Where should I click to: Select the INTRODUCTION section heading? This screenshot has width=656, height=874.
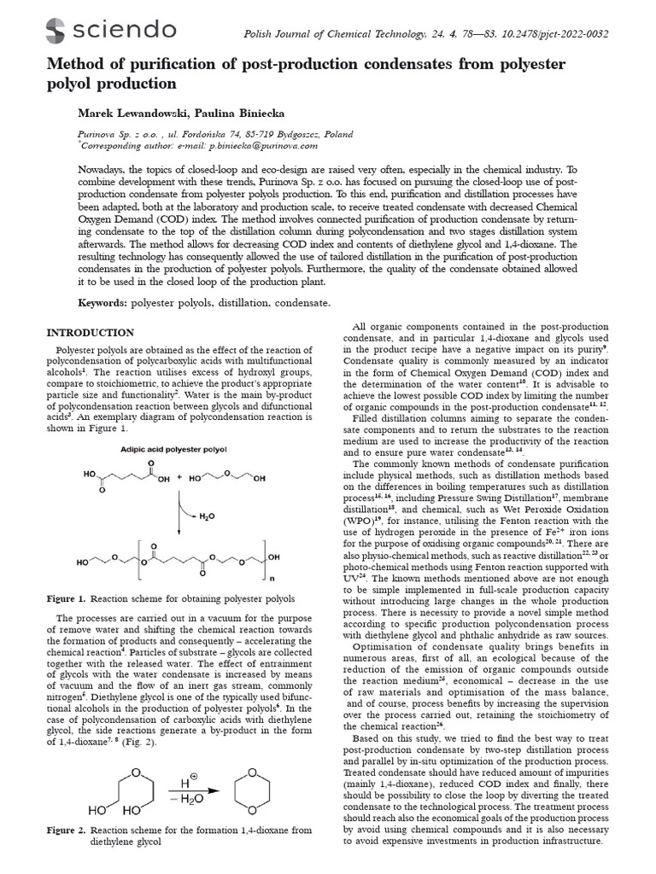[x=90, y=332]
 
